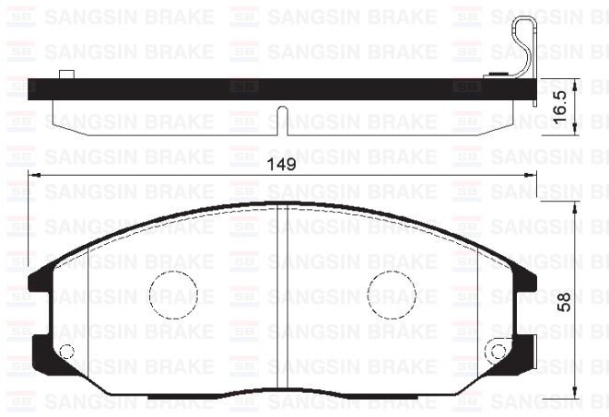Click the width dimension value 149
(282, 165)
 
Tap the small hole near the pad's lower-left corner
(65, 351)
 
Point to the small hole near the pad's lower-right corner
(498, 351)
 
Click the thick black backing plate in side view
(276, 89)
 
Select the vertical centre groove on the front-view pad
(282, 304)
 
